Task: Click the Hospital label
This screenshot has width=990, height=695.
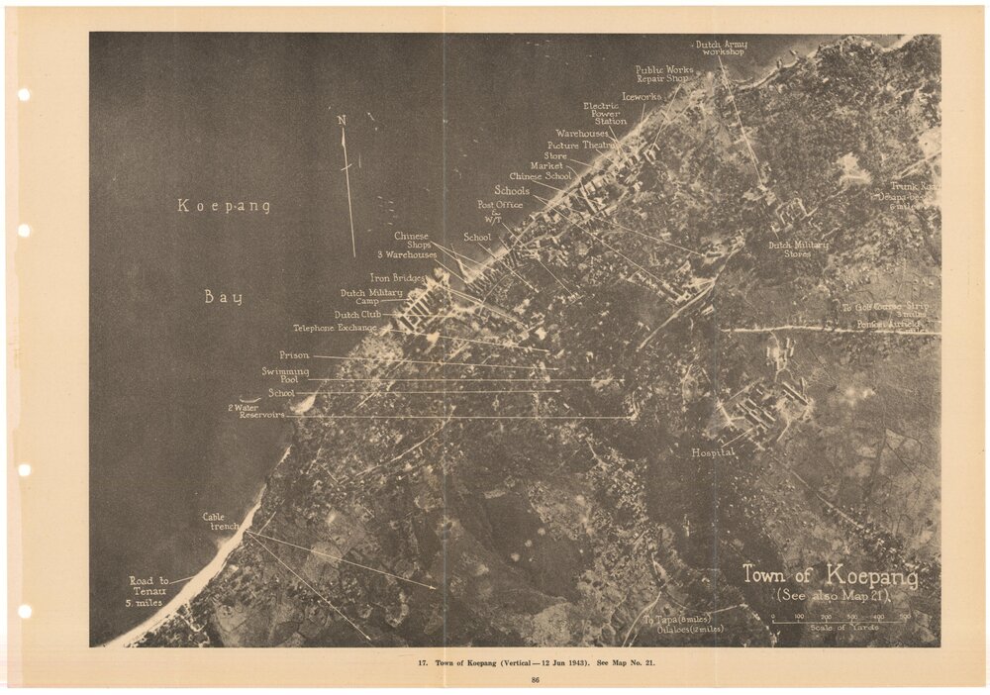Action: click(713, 452)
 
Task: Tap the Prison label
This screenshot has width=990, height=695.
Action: click(294, 355)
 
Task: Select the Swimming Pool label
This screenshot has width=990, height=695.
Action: click(285, 375)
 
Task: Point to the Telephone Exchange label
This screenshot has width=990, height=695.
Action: click(335, 328)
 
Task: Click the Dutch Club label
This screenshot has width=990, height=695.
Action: click(357, 315)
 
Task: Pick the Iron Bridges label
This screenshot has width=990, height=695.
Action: click(397, 278)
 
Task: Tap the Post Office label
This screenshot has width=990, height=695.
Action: click(500, 205)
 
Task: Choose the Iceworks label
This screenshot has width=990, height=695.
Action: click(642, 97)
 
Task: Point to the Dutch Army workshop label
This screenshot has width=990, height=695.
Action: click(722, 48)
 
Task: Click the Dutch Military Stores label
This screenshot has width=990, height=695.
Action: click(799, 249)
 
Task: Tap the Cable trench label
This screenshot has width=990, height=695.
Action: click(221, 522)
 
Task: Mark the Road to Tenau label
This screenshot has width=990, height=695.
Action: click(148, 591)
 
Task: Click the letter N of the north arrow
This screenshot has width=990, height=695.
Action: click(343, 121)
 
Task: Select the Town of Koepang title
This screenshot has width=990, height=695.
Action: click(830, 576)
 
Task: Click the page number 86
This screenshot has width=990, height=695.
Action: click(535, 679)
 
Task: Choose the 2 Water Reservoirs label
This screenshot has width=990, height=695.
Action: click(256, 411)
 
